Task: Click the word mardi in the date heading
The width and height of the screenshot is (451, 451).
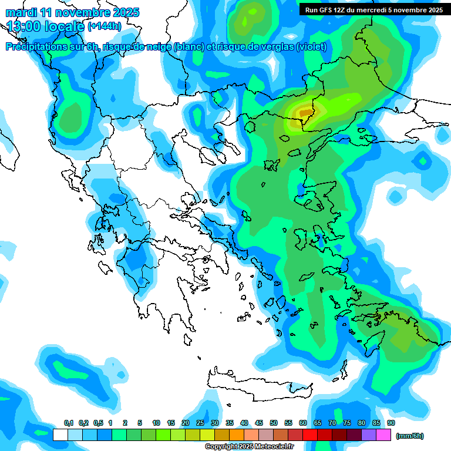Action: click(x=19, y=12)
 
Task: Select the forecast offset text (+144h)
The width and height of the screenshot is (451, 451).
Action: click(x=106, y=26)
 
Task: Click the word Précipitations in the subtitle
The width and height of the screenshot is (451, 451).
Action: click(x=36, y=47)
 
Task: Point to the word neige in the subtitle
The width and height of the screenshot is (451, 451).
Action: click(x=158, y=47)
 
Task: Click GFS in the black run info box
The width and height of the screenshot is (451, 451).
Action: click(x=325, y=10)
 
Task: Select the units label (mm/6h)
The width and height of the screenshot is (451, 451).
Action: click(x=409, y=436)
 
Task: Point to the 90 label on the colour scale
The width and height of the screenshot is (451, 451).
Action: click(x=391, y=423)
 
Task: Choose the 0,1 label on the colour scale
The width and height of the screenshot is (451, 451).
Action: click(x=68, y=423)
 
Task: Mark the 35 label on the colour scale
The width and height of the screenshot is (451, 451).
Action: click(x=230, y=423)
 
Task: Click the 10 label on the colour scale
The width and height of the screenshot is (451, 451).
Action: click(x=156, y=423)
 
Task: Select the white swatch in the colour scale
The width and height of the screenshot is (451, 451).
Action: click(x=60, y=435)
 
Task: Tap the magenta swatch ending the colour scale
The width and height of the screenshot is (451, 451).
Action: click(x=383, y=435)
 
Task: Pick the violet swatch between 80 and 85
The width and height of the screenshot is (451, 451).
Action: click(x=369, y=435)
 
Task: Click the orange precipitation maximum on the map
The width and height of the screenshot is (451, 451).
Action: click(x=306, y=112)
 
